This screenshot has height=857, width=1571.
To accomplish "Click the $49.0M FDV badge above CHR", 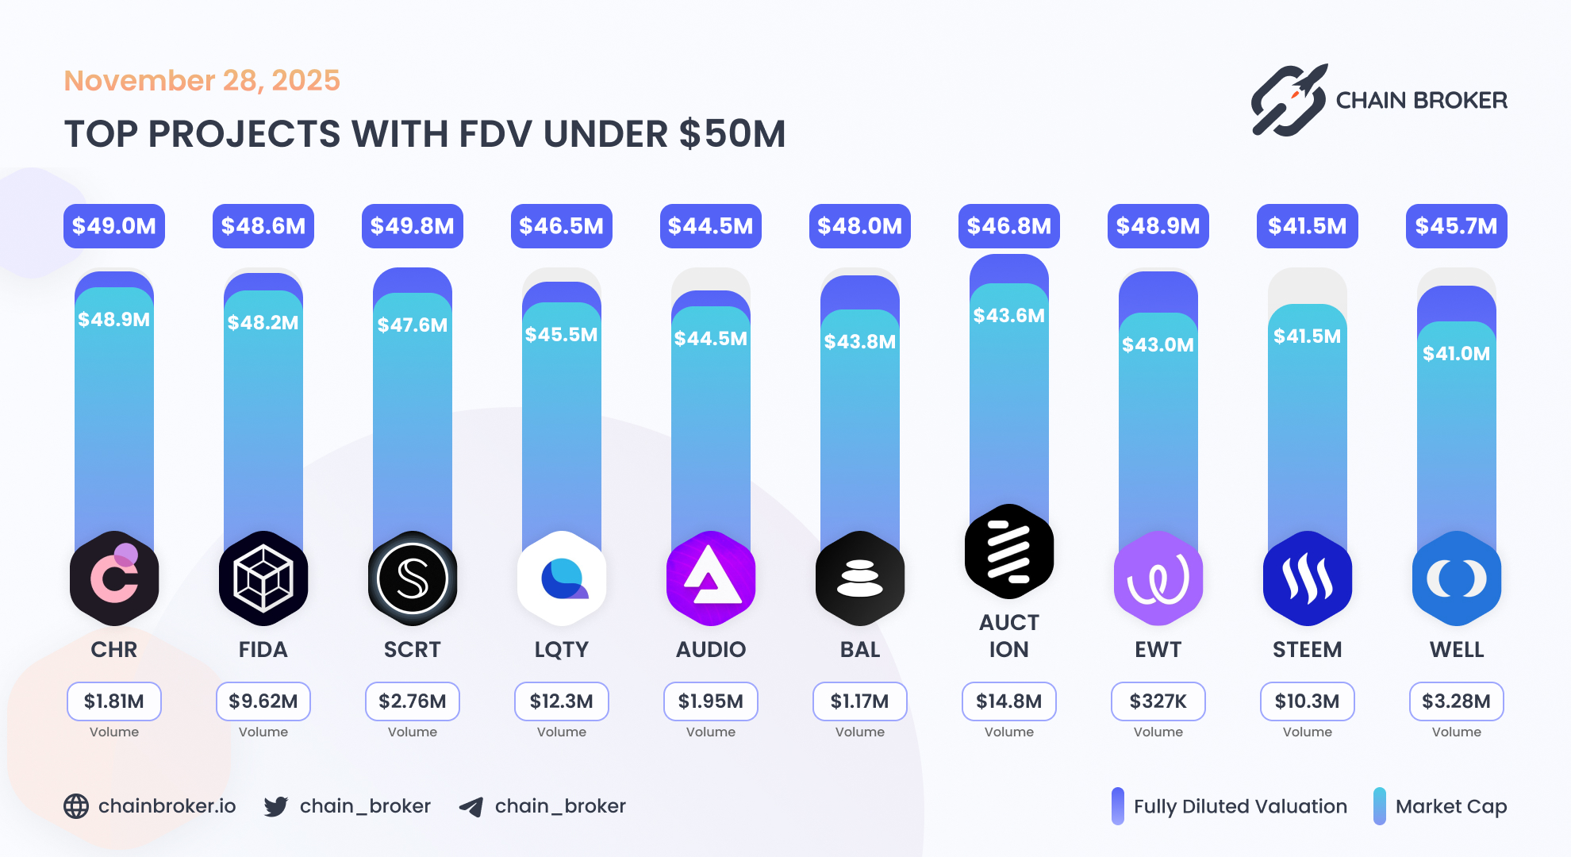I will [113, 226].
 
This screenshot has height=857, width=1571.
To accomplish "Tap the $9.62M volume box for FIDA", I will [263, 701].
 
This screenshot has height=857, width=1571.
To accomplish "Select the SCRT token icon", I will [412, 578].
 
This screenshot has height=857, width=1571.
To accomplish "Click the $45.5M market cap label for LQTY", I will [561, 335].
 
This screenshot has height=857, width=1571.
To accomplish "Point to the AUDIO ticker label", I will [710, 649].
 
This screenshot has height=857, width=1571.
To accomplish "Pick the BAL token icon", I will [859, 578].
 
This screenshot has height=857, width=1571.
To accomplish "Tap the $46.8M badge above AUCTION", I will [1008, 226].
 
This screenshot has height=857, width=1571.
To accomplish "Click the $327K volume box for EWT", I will [1158, 701].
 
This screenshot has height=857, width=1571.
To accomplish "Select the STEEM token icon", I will [1307, 578].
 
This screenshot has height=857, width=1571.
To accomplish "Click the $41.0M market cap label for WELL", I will [1456, 354].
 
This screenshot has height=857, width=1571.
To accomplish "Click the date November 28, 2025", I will [202, 81].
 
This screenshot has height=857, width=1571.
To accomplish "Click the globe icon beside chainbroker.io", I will [76, 806].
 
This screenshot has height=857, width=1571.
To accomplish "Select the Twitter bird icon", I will [276, 806].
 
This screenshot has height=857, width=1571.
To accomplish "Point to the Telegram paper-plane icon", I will [471, 807].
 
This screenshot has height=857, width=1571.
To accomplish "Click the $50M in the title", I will [732, 134].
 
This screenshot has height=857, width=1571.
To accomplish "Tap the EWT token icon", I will [1158, 578].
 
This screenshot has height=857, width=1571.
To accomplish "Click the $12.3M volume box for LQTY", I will [561, 701].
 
